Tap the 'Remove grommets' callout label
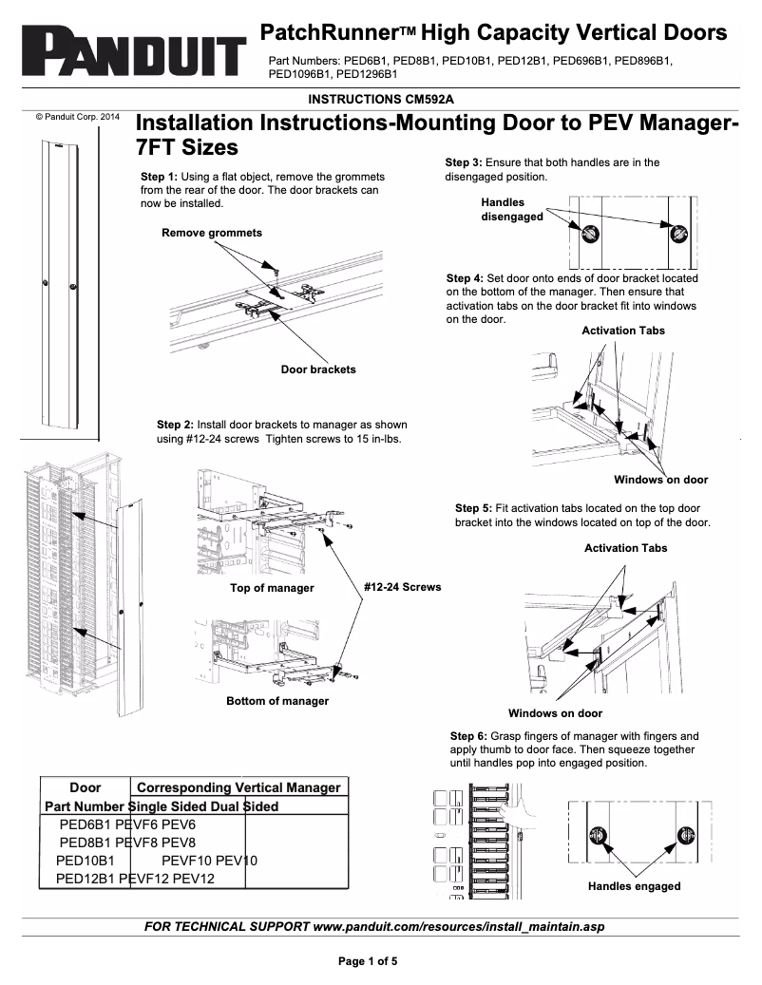coord(212,233)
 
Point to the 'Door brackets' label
coord(318,369)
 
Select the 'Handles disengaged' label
coord(512,209)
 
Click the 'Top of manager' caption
coord(272,588)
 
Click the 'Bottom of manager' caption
coord(277,701)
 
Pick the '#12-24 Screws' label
coord(403,587)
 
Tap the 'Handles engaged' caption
coord(634,886)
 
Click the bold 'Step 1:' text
coord(159,178)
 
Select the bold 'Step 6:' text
coord(468,736)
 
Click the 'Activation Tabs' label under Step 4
coord(623,331)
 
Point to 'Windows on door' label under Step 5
coord(555,713)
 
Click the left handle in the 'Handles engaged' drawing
coord(598,836)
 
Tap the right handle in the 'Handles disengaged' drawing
coord(678,232)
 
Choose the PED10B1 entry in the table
coord(86,861)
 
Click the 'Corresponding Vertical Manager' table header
coord(238,787)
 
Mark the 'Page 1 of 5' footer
coord(368,960)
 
